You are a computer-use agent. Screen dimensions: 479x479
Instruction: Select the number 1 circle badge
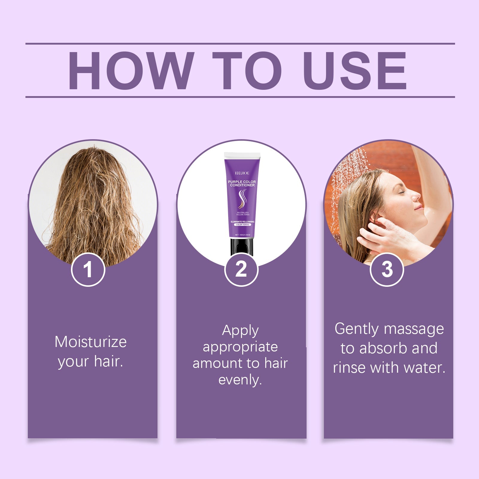tap(88, 269)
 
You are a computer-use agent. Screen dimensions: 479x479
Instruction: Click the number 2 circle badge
tap(241, 269)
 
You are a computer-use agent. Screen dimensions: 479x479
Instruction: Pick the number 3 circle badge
tap(387, 269)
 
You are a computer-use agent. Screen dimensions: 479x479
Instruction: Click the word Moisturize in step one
tap(90, 342)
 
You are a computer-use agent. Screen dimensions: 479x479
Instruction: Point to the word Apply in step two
tap(240, 331)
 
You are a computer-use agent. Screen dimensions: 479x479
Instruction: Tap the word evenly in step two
tap(240, 380)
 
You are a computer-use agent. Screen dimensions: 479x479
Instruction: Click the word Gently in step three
tap(357, 329)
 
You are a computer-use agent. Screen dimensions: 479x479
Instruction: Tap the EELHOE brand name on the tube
tap(242, 173)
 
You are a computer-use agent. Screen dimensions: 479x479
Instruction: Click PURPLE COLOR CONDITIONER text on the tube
tap(242, 183)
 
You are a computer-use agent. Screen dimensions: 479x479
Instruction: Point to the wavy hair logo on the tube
tap(242, 199)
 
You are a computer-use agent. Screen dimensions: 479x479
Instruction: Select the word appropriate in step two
tap(240, 347)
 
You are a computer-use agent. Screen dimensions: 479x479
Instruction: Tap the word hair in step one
tap(108, 361)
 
